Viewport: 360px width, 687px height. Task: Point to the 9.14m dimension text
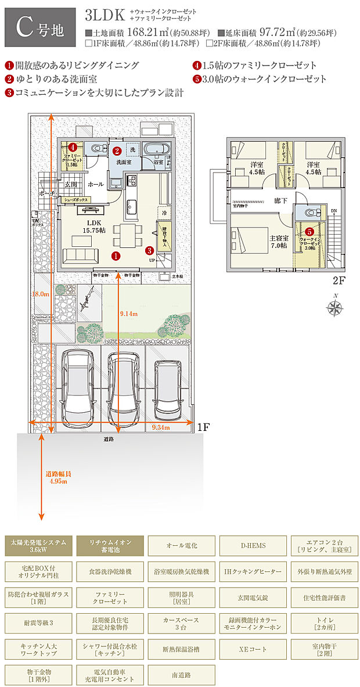[x=128, y=314]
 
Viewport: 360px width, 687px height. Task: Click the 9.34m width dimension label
[x=160, y=427]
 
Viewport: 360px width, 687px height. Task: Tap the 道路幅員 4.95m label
[x=58, y=477]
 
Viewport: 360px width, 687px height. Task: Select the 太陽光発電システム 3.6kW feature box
[x=39, y=545]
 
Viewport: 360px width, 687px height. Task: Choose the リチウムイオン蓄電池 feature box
[x=110, y=545]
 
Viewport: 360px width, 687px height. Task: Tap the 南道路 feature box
[x=181, y=675]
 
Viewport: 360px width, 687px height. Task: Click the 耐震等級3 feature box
[x=39, y=623]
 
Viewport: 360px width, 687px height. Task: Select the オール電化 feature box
[x=181, y=545]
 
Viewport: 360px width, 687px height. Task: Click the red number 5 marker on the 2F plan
[x=309, y=231]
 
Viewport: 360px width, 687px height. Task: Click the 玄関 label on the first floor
[x=71, y=184]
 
